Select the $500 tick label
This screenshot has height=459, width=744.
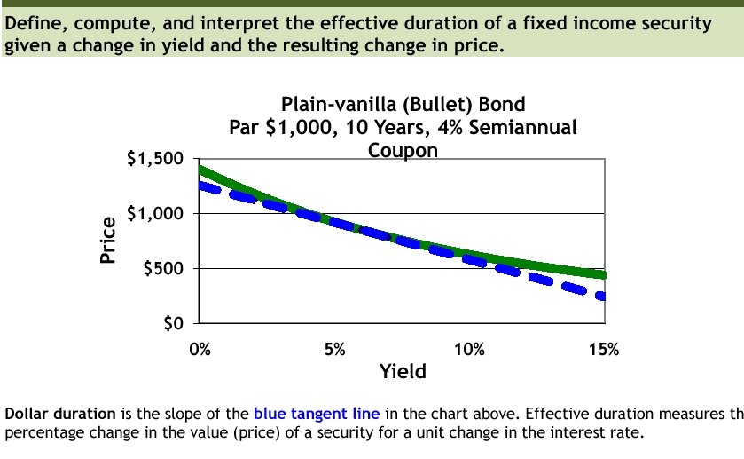click(161, 269)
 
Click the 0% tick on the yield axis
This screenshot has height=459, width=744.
click(200, 349)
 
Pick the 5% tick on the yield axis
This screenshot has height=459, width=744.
click(334, 349)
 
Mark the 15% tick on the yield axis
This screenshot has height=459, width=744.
click(603, 349)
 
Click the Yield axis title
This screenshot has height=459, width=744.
click(403, 372)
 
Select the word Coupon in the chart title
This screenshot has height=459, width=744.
click(403, 150)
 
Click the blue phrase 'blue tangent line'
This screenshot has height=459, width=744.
click(317, 414)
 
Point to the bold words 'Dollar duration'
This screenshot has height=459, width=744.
click(60, 414)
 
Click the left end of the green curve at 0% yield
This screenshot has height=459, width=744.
click(202, 170)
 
